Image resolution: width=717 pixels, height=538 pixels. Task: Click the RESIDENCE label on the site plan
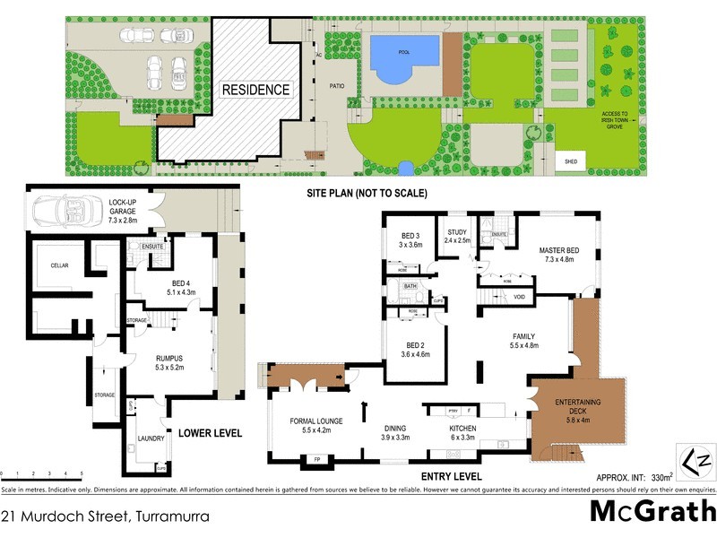256,90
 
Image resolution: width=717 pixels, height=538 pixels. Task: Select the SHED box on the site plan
570,162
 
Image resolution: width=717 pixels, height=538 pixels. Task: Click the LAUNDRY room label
150,439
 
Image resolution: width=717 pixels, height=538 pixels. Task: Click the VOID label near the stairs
518,297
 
